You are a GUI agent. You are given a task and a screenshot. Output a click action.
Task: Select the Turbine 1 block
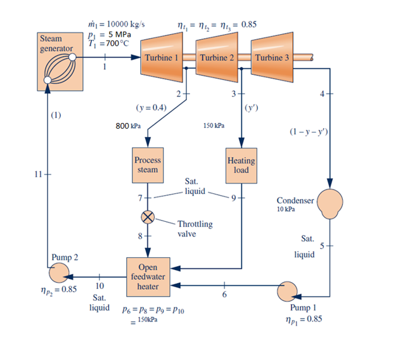coord(162,56)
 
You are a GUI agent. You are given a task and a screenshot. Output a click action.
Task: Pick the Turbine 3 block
coord(272,56)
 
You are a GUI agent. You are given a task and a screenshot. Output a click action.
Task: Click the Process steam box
coord(148,165)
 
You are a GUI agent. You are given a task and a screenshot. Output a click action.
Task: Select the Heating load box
coord(241,165)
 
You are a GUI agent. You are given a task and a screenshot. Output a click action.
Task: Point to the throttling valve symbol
coord(148,217)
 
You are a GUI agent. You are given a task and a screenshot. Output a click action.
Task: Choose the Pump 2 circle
coord(61,274)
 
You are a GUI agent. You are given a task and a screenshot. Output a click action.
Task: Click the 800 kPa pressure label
coord(128,126)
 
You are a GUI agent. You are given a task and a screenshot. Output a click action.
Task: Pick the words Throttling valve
coord(195,228)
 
